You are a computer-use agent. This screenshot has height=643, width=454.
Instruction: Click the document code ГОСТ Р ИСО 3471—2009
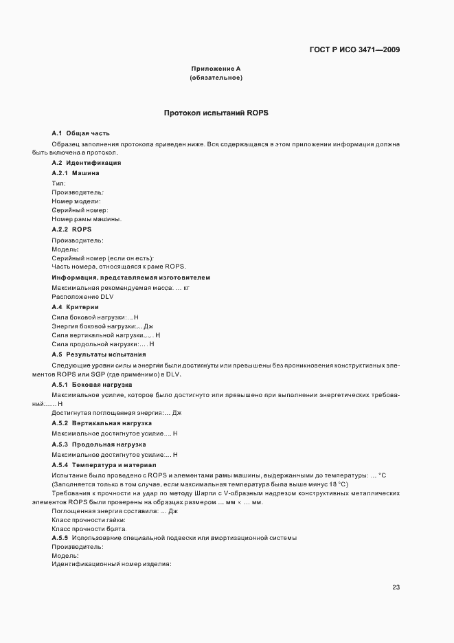click(x=354, y=49)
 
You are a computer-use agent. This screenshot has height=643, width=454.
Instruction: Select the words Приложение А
click(x=215, y=69)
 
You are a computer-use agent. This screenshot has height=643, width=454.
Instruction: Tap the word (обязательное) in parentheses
click(x=215, y=78)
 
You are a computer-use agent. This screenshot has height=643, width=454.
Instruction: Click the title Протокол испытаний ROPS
click(x=220, y=112)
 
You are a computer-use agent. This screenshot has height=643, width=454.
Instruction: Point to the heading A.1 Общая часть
click(x=80, y=133)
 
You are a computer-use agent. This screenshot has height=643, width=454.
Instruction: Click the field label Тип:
click(x=58, y=183)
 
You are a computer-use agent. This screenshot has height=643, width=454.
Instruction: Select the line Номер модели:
click(x=76, y=201)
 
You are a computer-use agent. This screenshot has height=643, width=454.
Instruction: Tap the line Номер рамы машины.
click(x=87, y=218)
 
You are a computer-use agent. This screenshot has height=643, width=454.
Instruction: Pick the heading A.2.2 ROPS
click(x=71, y=229)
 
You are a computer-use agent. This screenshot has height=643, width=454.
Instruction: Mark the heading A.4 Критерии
click(x=76, y=306)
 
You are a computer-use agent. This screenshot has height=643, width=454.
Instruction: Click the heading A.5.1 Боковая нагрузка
click(x=92, y=386)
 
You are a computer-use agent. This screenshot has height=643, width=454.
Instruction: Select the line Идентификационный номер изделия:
click(x=111, y=564)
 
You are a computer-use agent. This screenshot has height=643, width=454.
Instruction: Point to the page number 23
click(x=396, y=587)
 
